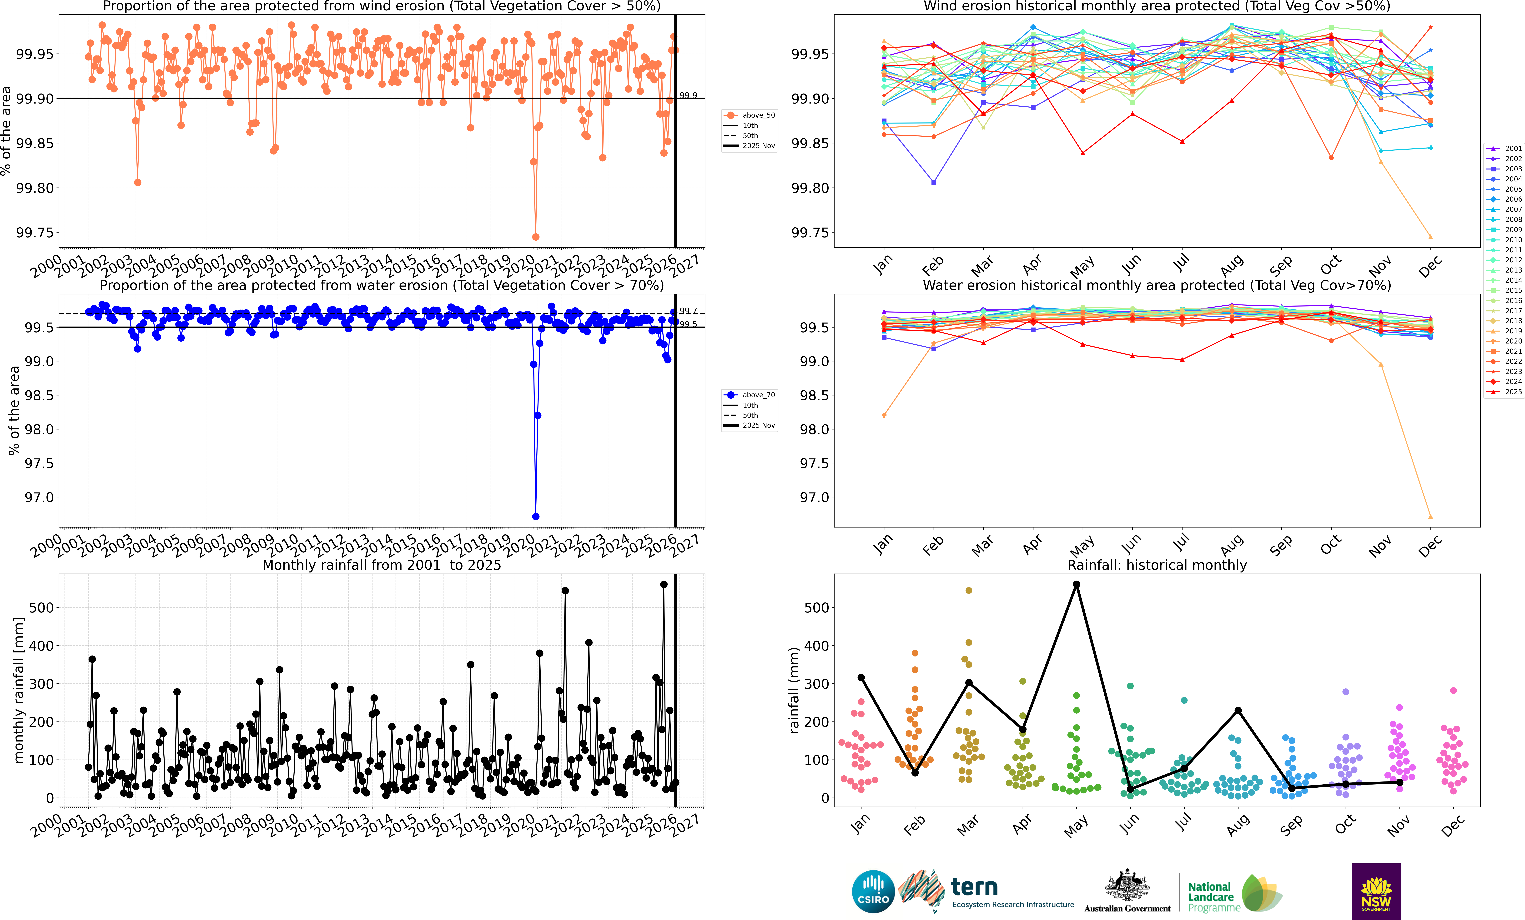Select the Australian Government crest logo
(1127, 886)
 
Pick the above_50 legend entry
(750, 115)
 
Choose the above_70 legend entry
(750, 395)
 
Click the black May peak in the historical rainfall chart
(1076, 584)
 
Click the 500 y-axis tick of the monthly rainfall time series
(41, 608)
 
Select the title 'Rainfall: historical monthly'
(1157, 565)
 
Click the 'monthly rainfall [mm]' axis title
(19, 690)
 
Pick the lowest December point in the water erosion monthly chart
(1430, 517)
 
